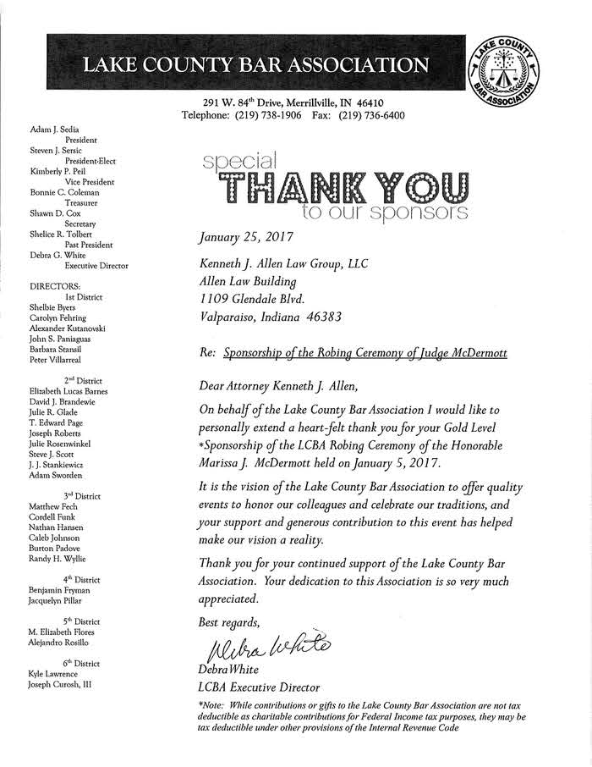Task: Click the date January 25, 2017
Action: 241,237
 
